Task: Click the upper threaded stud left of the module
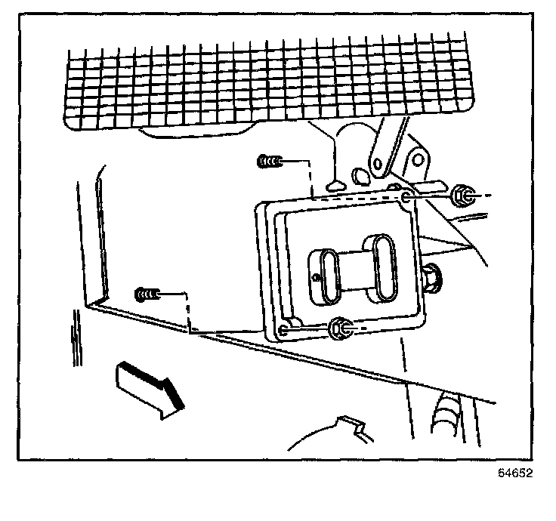click(x=269, y=161)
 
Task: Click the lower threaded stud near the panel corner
click(x=147, y=293)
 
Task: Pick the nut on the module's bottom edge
click(x=340, y=327)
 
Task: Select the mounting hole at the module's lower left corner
click(x=283, y=329)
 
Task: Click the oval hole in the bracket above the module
click(x=360, y=175)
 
